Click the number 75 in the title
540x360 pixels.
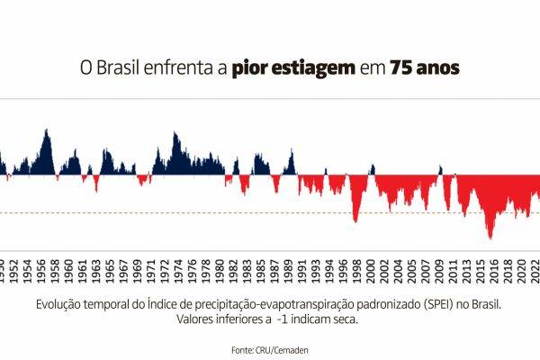point(401,68)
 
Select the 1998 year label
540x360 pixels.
point(357,270)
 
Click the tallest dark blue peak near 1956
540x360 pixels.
point(46,131)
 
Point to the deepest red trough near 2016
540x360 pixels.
point(490,238)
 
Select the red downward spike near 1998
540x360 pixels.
point(355,220)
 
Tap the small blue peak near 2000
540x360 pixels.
point(372,168)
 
